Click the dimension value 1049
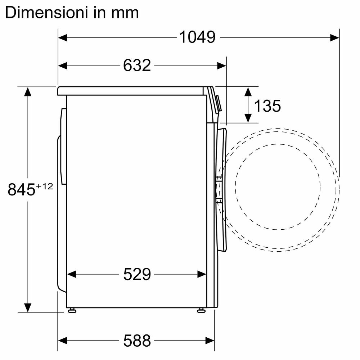197,37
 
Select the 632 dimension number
137,66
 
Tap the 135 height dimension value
267,106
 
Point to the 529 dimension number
137,275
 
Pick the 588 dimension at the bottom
137,339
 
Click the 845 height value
21,190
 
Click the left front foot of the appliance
72,310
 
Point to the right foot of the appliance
201,310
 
